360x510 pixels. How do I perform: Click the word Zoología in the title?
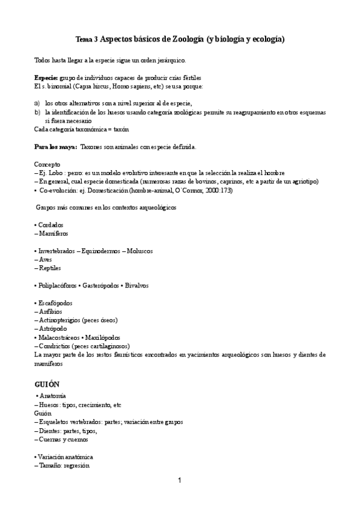click(x=187, y=40)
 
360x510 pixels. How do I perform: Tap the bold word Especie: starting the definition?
click(x=46, y=79)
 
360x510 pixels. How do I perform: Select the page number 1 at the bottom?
click(x=180, y=480)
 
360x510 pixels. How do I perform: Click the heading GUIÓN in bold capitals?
click(x=47, y=384)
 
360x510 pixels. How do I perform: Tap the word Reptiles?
click(x=50, y=268)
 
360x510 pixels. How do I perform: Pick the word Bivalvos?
click(x=137, y=285)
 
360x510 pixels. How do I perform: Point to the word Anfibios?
click(x=50, y=312)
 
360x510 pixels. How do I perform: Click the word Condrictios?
click(x=58, y=346)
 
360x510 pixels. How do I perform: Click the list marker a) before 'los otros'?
click(x=37, y=103)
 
